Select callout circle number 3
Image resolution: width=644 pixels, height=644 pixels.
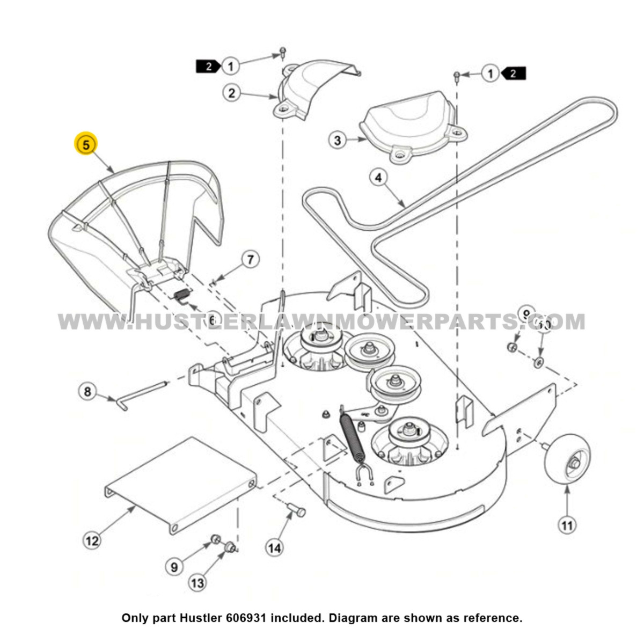(338, 141)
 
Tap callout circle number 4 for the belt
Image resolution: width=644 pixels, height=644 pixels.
(379, 177)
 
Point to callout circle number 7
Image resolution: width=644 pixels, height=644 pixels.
(250, 260)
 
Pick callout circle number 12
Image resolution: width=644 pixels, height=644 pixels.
(92, 540)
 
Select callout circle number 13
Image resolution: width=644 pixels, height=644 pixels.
(197, 583)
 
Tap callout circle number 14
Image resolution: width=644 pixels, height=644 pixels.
(274, 548)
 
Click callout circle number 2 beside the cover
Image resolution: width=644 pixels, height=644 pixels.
(231, 93)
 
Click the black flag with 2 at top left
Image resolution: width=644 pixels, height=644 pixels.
(207, 67)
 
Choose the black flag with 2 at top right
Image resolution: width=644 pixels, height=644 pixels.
(514, 74)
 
